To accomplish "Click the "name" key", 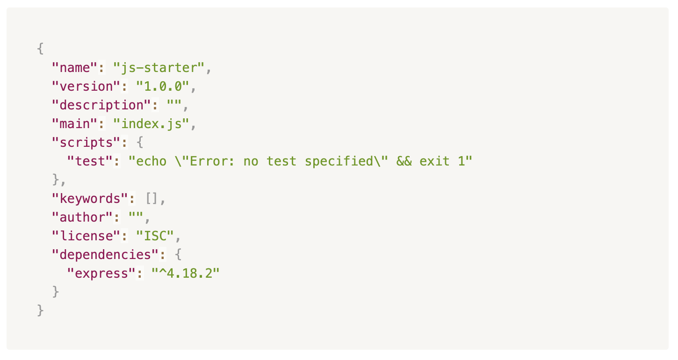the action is (x=74, y=68).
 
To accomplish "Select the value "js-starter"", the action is (x=159, y=68).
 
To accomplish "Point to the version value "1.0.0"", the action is (x=163, y=86).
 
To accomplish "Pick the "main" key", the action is (x=74, y=124).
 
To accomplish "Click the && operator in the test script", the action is (x=404, y=161).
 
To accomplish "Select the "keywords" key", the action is (x=90, y=199).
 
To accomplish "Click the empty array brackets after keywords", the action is (x=151, y=199).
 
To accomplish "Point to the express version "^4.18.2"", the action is (x=186, y=274).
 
